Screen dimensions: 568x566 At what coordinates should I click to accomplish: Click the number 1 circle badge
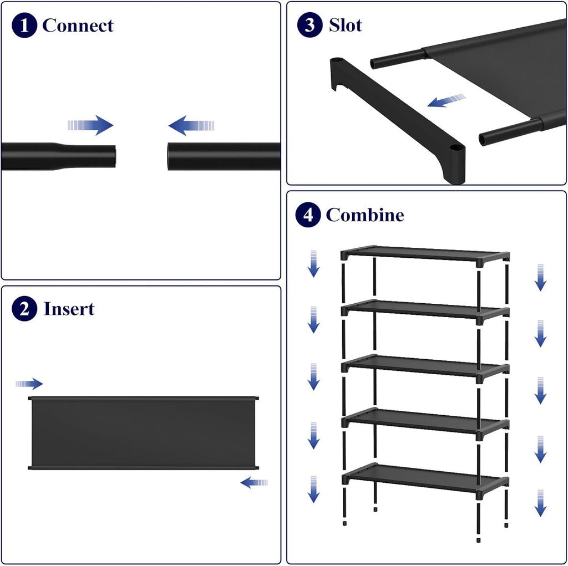[x=24, y=26]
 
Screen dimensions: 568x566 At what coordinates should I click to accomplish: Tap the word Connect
[x=78, y=26]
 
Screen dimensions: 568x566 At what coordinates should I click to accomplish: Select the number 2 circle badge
[x=24, y=309]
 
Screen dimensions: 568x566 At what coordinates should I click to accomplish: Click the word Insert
[x=69, y=309]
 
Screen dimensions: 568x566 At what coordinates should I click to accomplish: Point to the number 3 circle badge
[x=310, y=24]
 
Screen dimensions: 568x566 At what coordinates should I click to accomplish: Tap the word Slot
[x=346, y=25]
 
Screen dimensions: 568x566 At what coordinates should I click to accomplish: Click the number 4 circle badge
[x=308, y=215]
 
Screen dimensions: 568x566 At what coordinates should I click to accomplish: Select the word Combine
[x=365, y=215]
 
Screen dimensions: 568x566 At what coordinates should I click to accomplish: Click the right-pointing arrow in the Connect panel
[x=90, y=125]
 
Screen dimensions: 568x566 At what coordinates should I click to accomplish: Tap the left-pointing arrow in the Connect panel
[x=191, y=126]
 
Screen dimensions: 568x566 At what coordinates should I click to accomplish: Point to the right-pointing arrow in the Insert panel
[x=29, y=384]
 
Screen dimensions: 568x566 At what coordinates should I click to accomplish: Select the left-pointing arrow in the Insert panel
[x=254, y=482]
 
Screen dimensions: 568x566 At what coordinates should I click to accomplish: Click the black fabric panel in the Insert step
[x=144, y=433]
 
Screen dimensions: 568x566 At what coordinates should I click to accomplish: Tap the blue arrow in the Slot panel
[x=447, y=100]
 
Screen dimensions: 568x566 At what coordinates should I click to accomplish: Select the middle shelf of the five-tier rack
[x=425, y=366]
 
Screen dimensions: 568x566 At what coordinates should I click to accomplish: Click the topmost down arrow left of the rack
[x=313, y=264]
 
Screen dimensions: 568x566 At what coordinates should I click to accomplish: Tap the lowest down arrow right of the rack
[x=540, y=503]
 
